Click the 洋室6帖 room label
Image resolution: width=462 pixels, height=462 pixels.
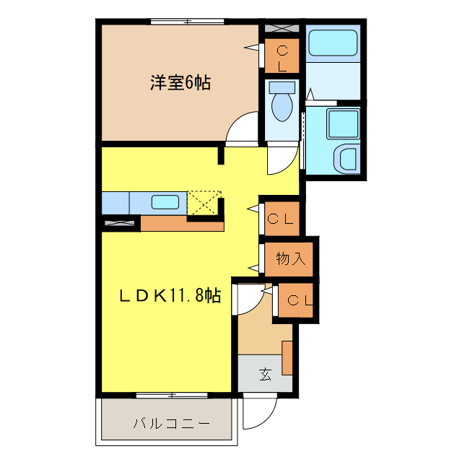coord(180,84)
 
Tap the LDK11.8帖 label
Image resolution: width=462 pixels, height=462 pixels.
coord(170,295)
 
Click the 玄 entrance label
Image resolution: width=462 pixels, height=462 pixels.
coord(266,375)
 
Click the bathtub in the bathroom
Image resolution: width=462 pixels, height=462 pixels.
coord(333,44)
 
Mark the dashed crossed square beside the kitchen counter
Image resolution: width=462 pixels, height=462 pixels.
coord(204,203)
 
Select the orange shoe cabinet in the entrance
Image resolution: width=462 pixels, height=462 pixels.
coord(287,357)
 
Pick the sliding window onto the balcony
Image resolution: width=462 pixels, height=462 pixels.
coord(171,394)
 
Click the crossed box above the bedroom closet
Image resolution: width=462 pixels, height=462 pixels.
coord(279,29)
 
